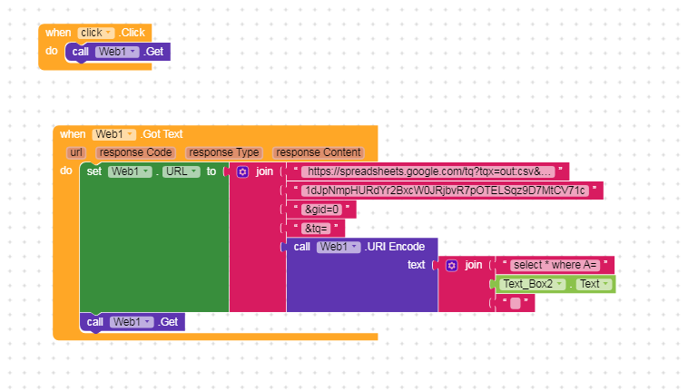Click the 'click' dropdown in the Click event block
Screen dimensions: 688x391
click(x=96, y=33)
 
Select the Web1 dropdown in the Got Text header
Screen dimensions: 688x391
click(x=114, y=134)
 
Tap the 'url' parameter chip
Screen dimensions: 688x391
click(x=76, y=152)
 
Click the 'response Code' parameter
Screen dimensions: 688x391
click(x=135, y=152)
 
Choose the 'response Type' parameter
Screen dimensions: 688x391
click(x=224, y=152)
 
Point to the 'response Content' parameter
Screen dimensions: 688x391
click(x=319, y=152)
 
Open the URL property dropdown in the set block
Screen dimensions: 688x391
click(x=182, y=171)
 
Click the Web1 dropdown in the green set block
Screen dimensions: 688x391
click(x=130, y=171)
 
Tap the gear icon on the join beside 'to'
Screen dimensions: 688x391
click(x=242, y=171)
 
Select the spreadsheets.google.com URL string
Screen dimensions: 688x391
click(x=428, y=171)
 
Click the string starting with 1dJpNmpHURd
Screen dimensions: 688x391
click(x=446, y=191)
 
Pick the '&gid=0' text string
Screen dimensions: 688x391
click(x=321, y=210)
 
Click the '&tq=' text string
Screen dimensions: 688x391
click(x=316, y=229)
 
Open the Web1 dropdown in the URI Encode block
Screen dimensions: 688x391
click(x=339, y=247)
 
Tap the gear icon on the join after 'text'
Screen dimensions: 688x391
click(x=452, y=265)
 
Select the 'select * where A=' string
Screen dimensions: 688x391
click(x=555, y=265)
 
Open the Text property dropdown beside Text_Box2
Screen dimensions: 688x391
click(x=594, y=284)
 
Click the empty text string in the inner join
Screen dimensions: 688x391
click(x=516, y=303)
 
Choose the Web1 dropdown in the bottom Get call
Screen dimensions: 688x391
click(x=132, y=322)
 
